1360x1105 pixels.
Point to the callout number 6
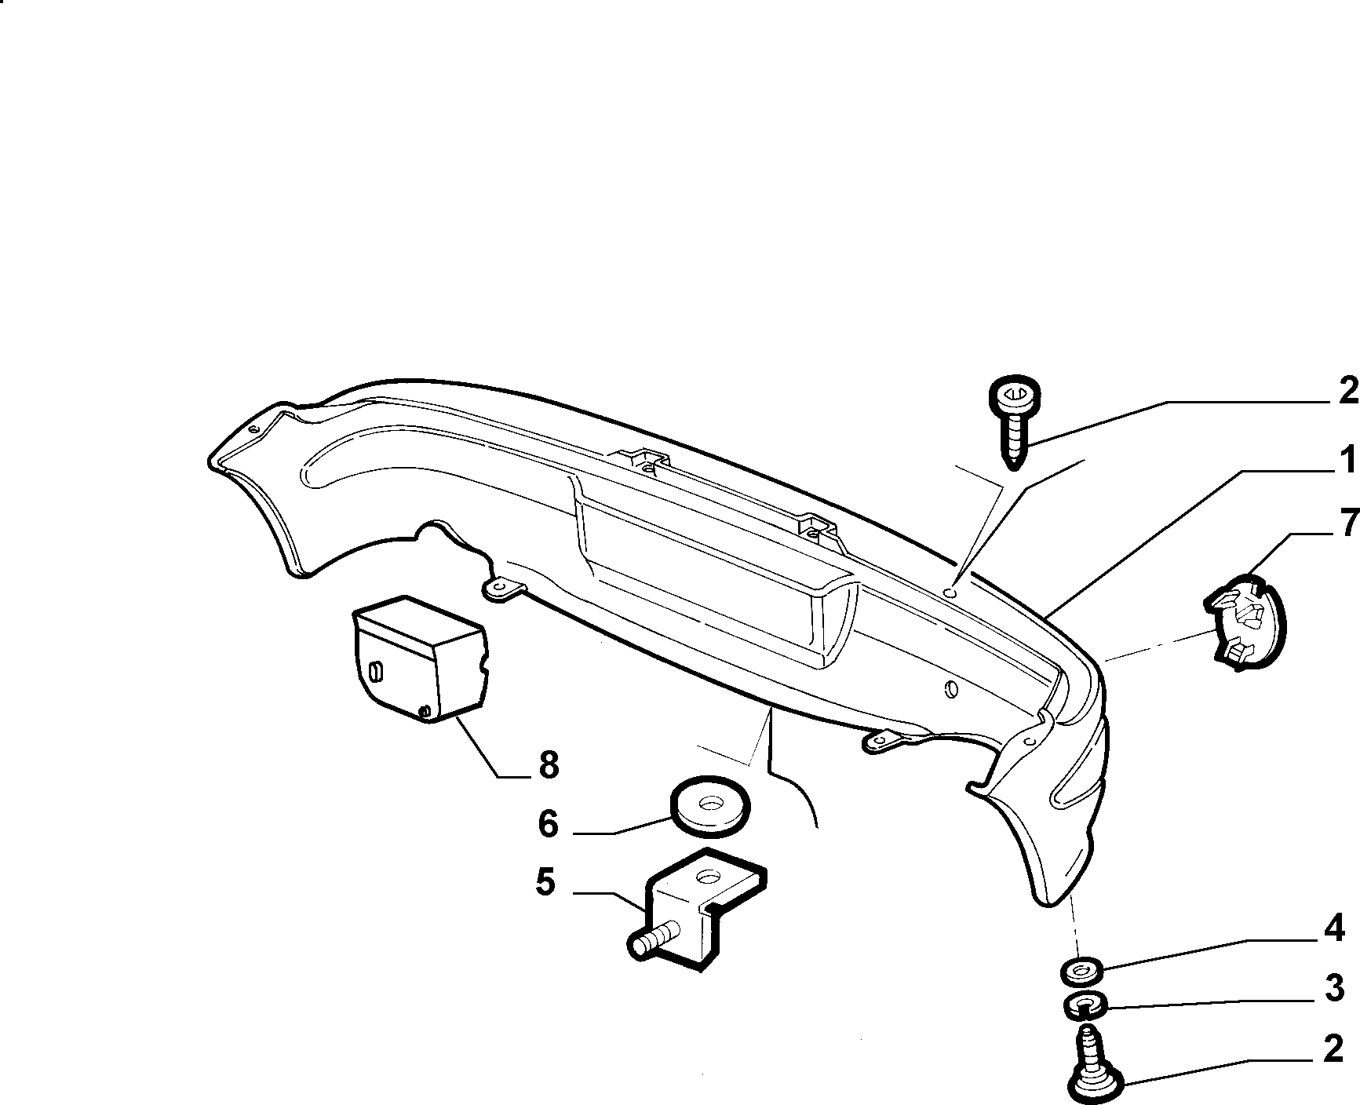point(548,824)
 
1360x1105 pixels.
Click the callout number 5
point(545,883)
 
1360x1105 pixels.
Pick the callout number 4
point(1334,930)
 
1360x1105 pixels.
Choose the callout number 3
point(1334,989)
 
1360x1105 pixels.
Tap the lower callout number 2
point(1333,1050)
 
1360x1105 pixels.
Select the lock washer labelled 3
point(1086,1004)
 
